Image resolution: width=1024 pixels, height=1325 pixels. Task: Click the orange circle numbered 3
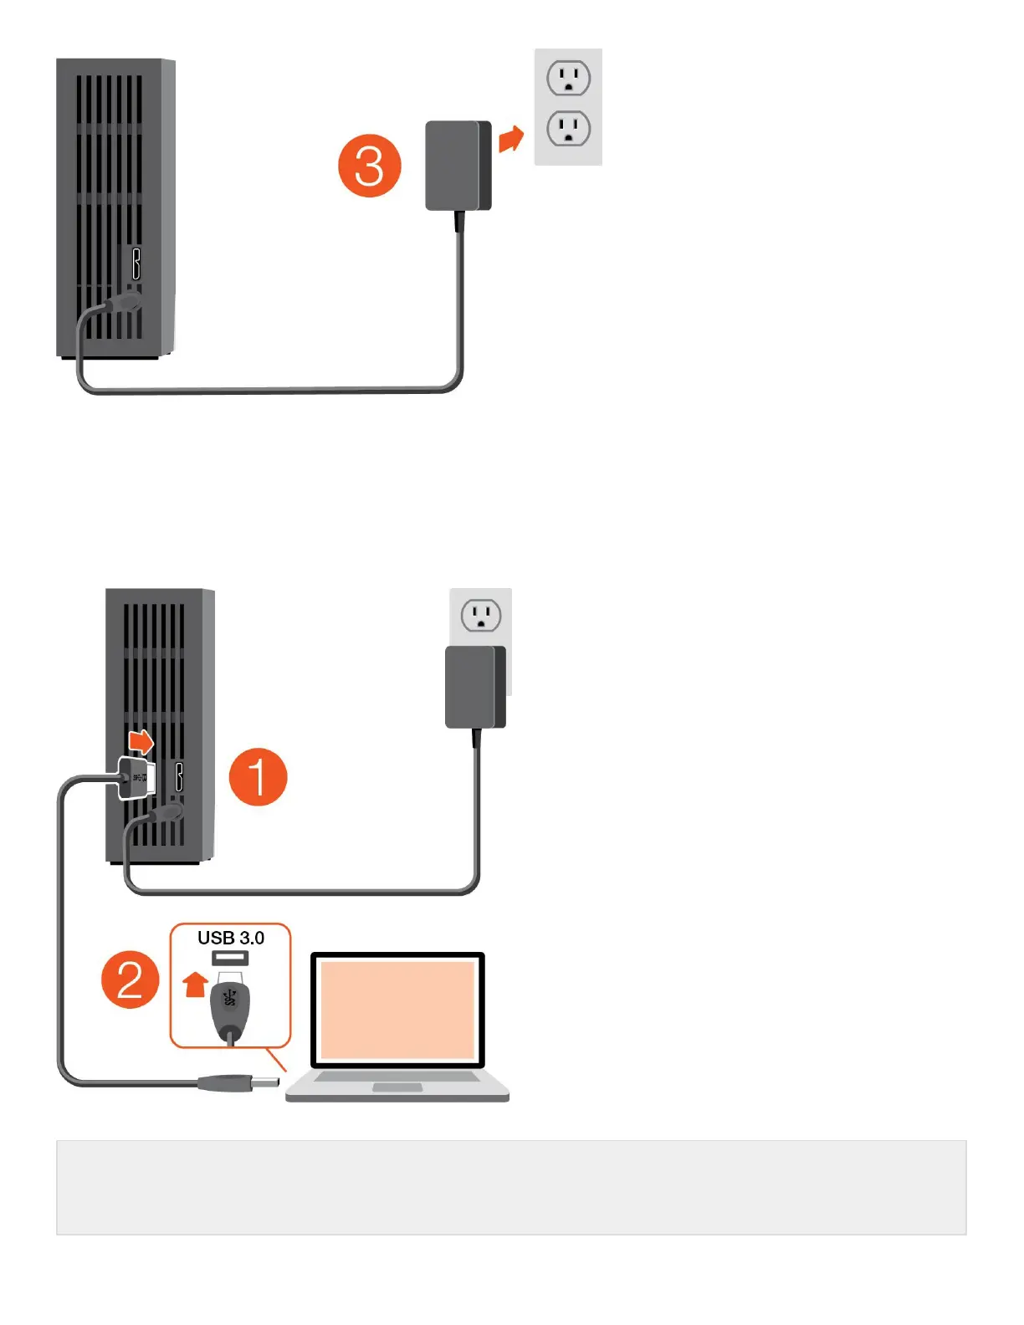pyautogui.click(x=369, y=166)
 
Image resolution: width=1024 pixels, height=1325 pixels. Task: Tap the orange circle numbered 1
pyautogui.click(x=258, y=776)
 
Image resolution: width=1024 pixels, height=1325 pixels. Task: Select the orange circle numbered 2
pyautogui.click(x=131, y=979)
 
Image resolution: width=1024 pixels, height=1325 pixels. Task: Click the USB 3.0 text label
pyautogui.click(x=231, y=938)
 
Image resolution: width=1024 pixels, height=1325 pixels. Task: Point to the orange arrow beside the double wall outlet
pyautogui.click(x=510, y=139)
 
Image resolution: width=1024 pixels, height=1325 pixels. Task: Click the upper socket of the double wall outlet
pyautogui.click(x=569, y=79)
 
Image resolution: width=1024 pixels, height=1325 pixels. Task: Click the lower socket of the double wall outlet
pyautogui.click(x=569, y=129)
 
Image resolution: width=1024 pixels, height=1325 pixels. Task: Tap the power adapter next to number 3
pyautogui.click(x=458, y=166)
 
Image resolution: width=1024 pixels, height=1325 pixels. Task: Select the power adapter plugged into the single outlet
pyautogui.click(x=475, y=687)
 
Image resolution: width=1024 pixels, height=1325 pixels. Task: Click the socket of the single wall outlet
pyautogui.click(x=481, y=616)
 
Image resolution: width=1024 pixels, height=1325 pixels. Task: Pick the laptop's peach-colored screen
pyautogui.click(x=397, y=1010)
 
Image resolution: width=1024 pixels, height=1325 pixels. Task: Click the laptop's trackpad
pyautogui.click(x=397, y=1087)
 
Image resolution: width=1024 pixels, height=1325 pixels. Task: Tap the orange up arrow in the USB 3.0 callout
pyautogui.click(x=195, y=984)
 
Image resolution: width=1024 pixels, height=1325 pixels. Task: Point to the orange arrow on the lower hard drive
pyautogui.click(x=141, y=741)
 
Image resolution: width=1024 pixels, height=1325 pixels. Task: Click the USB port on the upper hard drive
pyautogui.click(x=136, y=263)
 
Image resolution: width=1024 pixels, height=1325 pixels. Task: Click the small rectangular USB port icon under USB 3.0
pyautogui.click(x=230, y=958)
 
